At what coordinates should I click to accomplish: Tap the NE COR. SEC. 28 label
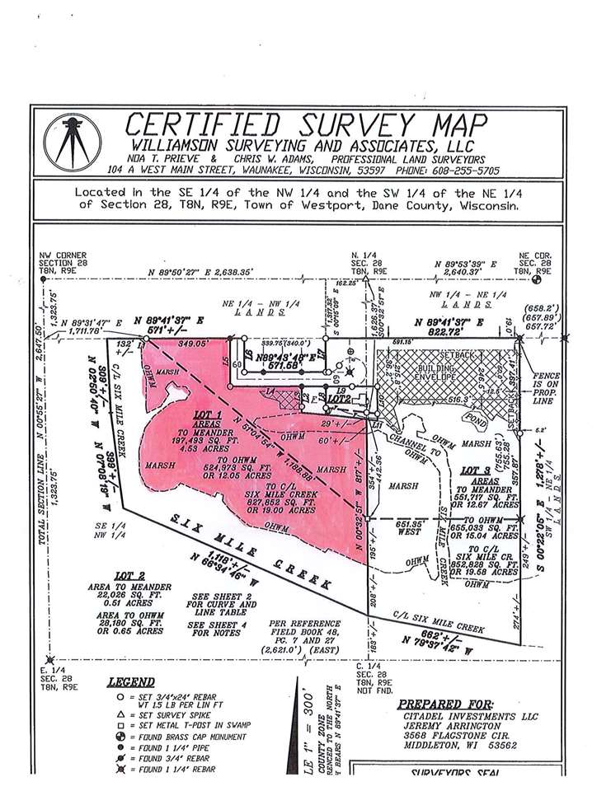click(537, 261)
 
